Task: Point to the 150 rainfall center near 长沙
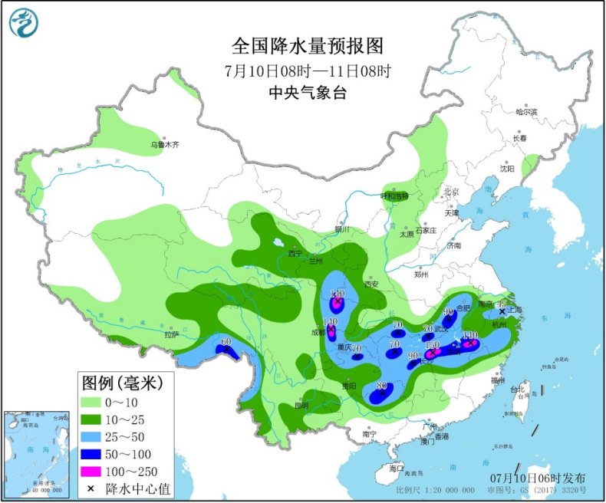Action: [x=432, y=347]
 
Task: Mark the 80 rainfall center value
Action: [x=381, y=386]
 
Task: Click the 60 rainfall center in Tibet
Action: [x=226, y=342]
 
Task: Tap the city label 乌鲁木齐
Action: [x=163, y=144]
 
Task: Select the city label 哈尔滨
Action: [x=526, y=112]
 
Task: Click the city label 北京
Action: [x=450, y=192]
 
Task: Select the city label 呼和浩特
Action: [x=395, y=196]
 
